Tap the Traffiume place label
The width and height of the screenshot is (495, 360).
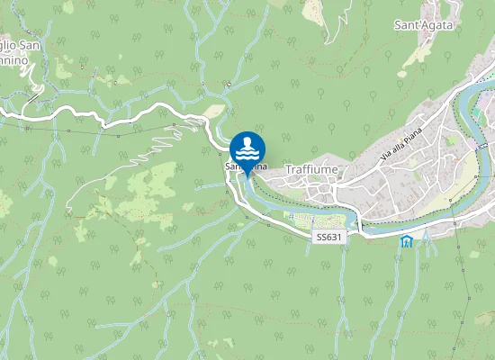coord(306,169)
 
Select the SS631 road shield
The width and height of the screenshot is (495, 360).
coord(328,237)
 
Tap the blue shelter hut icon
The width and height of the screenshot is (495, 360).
coord(406,241)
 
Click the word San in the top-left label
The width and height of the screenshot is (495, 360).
coord(30,45)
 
